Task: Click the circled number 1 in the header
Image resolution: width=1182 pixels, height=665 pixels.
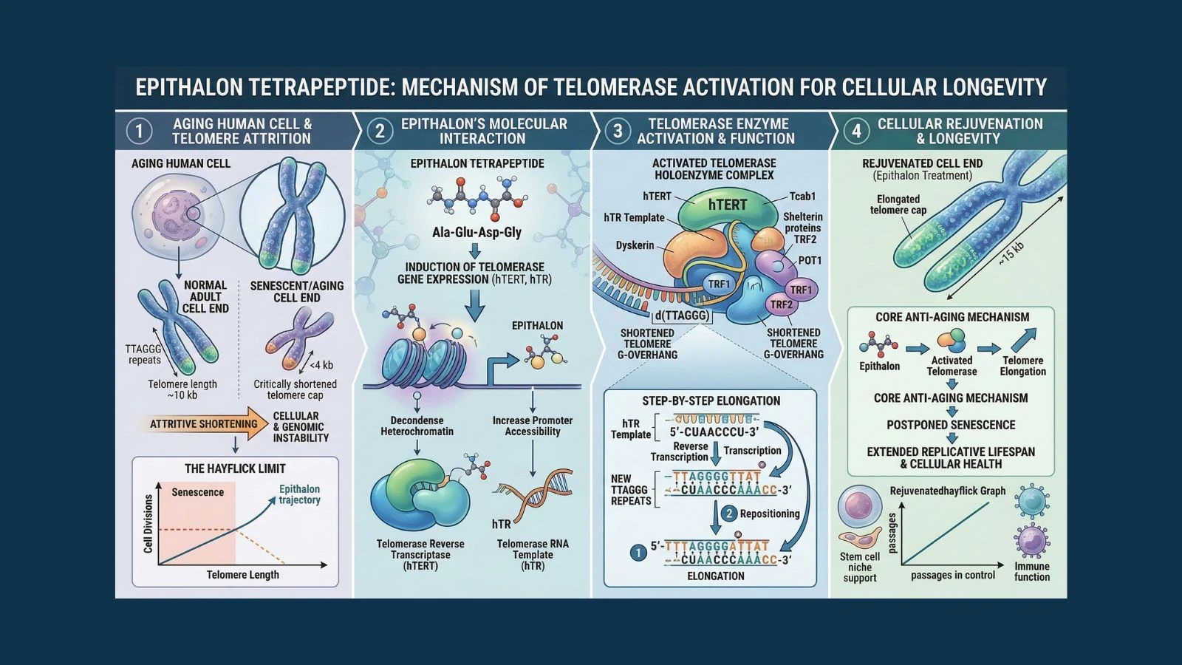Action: point(139,132)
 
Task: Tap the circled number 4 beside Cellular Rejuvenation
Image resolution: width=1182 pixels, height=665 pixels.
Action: point(856,132)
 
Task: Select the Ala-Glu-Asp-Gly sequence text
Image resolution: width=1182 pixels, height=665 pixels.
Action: point(476,232)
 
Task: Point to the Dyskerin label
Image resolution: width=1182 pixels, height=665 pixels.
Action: point(635,245)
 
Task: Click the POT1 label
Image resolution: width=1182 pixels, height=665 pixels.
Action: point(810,261)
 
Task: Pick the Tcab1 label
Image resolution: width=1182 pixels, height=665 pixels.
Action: point(802,197)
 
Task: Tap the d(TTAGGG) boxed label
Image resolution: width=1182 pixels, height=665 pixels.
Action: point(681,316)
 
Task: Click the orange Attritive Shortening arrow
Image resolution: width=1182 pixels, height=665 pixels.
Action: point(203,424)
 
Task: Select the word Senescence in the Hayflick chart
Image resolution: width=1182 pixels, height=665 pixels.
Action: point(197,492)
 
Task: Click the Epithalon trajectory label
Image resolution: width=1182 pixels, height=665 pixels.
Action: point(299,494)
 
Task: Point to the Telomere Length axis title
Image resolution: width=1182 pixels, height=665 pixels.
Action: point(242,575)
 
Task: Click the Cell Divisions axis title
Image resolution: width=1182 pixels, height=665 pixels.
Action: point(148,524)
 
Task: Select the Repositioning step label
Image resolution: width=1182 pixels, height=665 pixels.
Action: point(769,514)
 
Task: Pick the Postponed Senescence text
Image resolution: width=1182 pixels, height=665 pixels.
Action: point(951,425)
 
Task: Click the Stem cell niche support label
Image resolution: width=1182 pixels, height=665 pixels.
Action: point(860,567)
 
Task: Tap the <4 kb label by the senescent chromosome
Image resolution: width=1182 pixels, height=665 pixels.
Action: point(321,365)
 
